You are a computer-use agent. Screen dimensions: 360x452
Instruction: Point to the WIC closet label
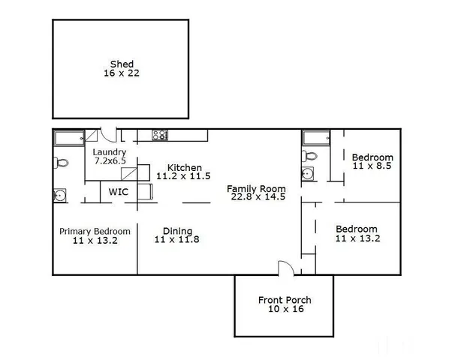(x=118, y=192)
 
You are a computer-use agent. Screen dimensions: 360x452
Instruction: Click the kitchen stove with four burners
(x=160, y=136)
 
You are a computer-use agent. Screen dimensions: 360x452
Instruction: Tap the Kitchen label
(x=183, y=167)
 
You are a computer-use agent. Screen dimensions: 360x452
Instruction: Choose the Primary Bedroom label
(x=95, y=231)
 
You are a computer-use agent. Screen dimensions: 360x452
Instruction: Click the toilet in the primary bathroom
(x=62, y=162)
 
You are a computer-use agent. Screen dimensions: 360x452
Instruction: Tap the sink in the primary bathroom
(x=61, y=196)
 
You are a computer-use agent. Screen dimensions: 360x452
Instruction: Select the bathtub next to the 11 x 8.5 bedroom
(x=316, y=137)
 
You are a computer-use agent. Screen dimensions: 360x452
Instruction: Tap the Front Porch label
(x=285, y=301)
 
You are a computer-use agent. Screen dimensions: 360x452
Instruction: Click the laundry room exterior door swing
(x=110, y=135)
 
